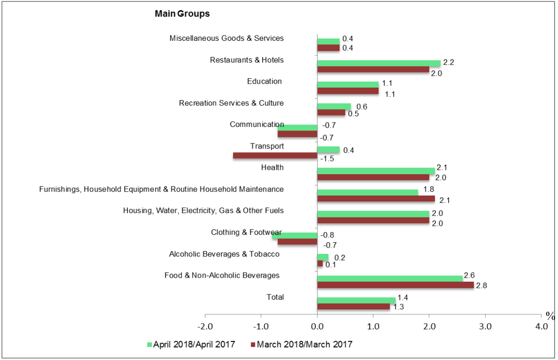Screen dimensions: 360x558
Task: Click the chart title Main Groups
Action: tap(182, 14)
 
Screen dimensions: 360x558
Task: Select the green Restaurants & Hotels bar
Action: tap(378, 63)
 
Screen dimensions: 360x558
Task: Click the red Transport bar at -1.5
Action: tap(275, 156)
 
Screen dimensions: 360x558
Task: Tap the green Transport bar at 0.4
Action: tap(328, 149)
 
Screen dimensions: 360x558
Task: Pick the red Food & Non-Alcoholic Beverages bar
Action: tap(395, 285)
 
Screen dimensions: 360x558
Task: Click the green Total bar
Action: tap(356, 300)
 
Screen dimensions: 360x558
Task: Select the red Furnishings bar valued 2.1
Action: tap(376, 198)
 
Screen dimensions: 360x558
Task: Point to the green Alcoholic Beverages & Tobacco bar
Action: tap(323, 257)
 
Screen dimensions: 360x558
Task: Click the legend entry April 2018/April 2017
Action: tap(194, 344)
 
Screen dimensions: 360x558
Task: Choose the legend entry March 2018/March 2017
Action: tap(304, 344)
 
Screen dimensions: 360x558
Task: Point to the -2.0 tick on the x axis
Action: tap(205, 325)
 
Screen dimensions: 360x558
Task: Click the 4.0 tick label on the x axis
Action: tap(541, 325)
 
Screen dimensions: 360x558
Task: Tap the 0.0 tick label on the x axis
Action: tap(317, 325)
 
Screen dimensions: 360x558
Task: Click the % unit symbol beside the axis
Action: tap(550, 316)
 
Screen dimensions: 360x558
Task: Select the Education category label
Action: tap(264, 81)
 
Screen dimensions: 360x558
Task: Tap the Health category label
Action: tap(272, 167)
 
